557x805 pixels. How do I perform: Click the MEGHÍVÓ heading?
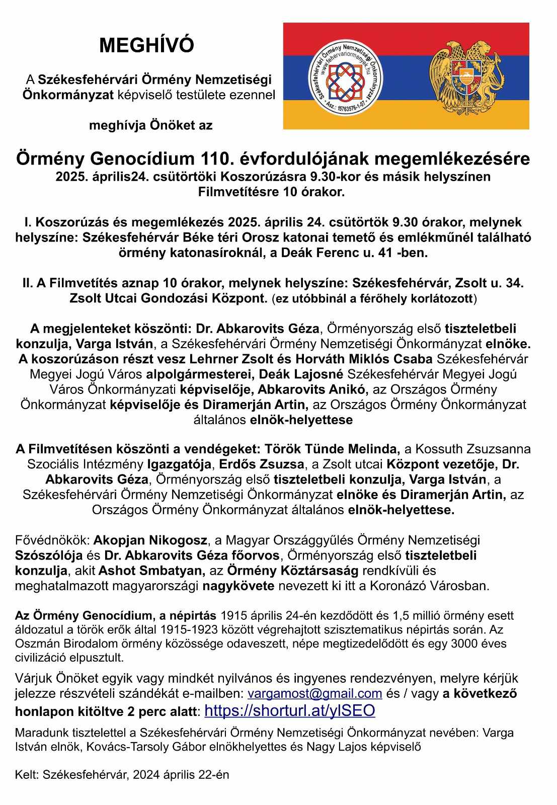click(x=146, y=46)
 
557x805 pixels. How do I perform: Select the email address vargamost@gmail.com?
click(x=314, y=693)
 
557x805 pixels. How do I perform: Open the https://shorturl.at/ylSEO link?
click(x=290, y=710)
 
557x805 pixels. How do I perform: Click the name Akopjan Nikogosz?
click(x=150, y=540)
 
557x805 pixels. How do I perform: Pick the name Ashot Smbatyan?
click(x=151, y=571)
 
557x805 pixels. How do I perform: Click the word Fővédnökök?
click(x=52, y=540)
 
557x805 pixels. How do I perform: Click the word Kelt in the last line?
click(x=26, y=775)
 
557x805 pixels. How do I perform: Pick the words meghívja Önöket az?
click(x=150, y=125)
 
